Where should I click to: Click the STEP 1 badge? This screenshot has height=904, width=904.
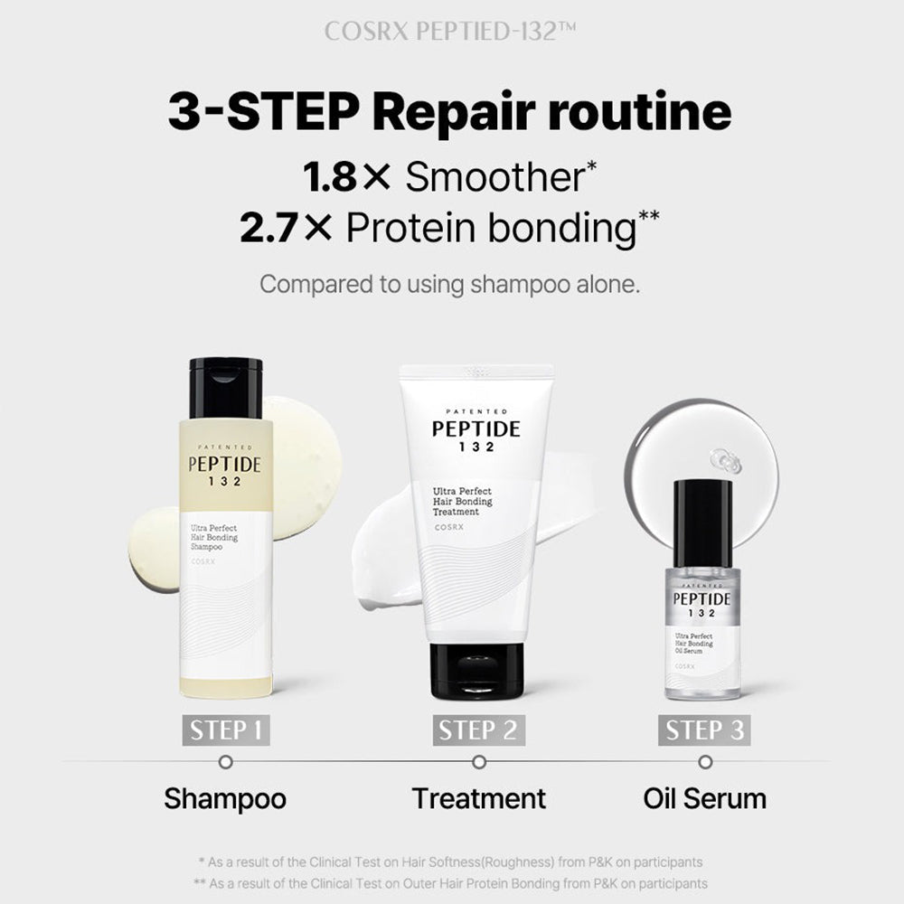tap(226, 730)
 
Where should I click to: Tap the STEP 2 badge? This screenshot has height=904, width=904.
tap(478, 730)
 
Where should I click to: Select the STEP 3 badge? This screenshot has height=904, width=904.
tap(705, 730)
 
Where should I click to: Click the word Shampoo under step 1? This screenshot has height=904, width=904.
tap(225, 798)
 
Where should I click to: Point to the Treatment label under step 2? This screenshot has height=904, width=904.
tap(479, 798)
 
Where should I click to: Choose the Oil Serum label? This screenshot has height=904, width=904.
tap(705, 798)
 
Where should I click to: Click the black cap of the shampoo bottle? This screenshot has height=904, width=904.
tap(226, 388)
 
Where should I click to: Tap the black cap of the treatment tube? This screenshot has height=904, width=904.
tap(476, 670)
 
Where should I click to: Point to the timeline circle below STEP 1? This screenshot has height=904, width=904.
tap(226, 762)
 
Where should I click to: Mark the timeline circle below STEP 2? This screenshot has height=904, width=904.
tap(479, 762)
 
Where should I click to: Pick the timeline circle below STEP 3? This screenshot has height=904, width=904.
tap(705, 762)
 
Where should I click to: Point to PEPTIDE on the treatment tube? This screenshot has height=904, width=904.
tap(476, 428)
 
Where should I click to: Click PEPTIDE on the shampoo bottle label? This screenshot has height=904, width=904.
tap(225, 466)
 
